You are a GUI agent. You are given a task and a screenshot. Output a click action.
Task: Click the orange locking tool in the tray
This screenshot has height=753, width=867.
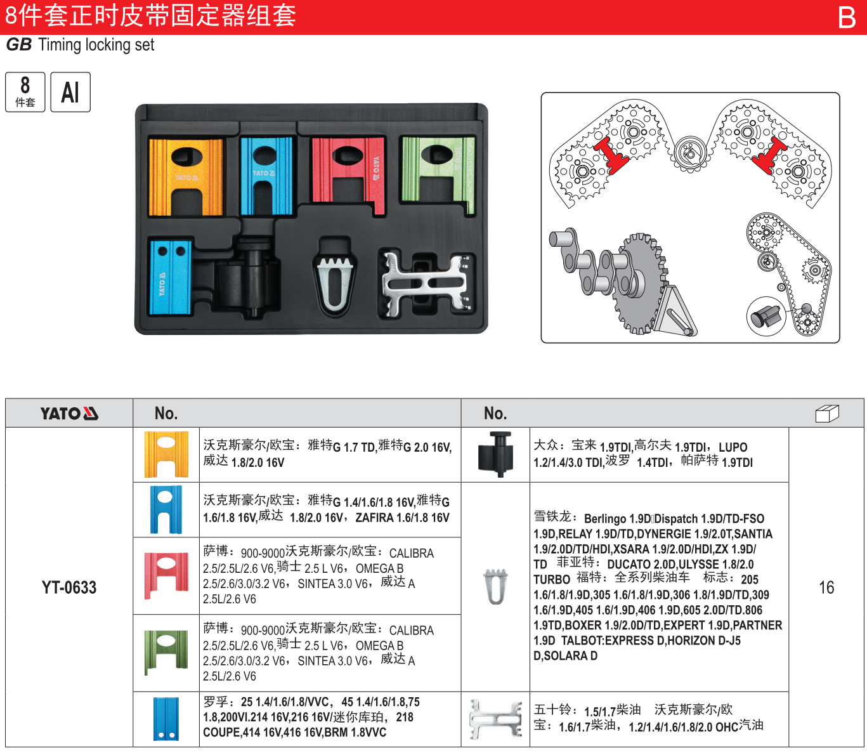click(x=186, y=177)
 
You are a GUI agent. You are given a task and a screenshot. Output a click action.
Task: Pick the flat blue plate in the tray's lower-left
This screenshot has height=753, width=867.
click(x=169, y=277)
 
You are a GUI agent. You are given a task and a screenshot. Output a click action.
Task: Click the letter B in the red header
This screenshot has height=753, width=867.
click(x=847, y=17)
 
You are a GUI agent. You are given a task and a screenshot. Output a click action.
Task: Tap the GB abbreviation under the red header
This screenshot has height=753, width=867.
click(x=18, y=45)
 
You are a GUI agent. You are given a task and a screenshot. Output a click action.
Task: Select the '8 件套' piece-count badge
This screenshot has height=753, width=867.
click(x=25, y=92)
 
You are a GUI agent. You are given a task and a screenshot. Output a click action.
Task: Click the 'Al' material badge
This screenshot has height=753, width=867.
click(x=70, y=92)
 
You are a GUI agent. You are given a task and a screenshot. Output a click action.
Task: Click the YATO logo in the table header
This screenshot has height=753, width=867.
click(x=69, y=414)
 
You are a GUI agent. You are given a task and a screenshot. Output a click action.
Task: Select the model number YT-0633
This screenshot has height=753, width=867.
click(x=69, y=587)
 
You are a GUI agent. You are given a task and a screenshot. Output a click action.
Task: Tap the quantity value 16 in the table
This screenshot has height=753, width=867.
click(x=826, y=587)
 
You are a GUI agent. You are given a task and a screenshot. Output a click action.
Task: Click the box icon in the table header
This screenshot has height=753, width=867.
click(x=826, y=414)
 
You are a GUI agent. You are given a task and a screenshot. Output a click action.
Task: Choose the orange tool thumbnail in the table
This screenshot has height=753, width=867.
click(x=166, y=454)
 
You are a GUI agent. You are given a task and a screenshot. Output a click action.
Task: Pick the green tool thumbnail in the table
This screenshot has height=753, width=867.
click(x=166, y=652)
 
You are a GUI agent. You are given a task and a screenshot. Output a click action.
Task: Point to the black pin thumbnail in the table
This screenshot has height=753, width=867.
click(x=495, y=454)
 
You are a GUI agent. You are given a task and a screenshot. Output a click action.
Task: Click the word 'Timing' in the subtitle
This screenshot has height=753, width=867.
click(x=60, y=45)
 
